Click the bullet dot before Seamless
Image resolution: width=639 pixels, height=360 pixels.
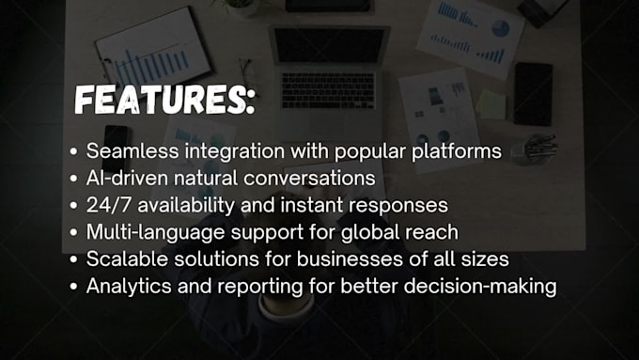click(x=74, y=151)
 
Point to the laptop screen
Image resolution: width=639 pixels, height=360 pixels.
click(x=329, y=45)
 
